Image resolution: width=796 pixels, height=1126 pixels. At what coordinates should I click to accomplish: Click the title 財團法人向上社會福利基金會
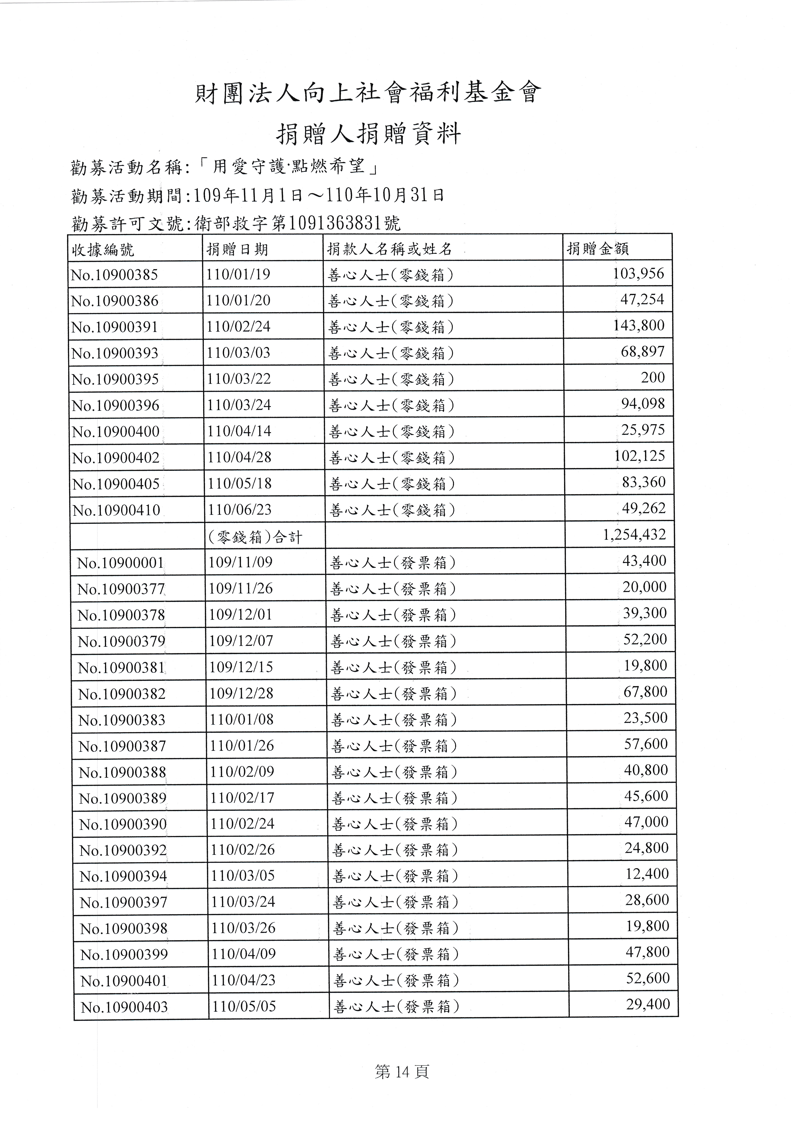click(368, 93)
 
